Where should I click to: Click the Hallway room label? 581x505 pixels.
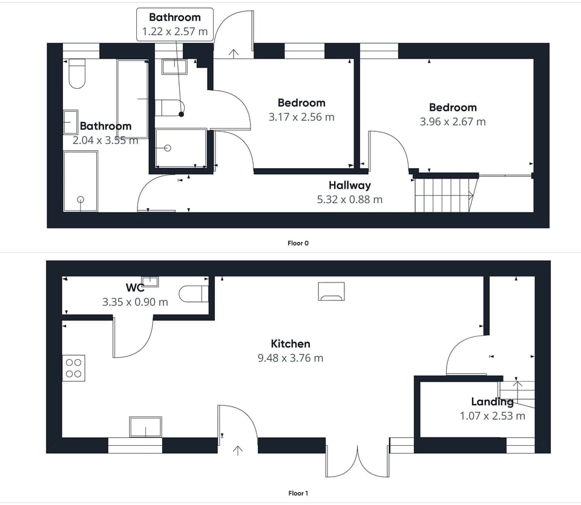[350, 186]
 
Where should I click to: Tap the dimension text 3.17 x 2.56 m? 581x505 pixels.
[301, 117]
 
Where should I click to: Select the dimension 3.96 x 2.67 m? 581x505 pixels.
[453, 122]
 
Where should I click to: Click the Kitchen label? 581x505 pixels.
[290, 344]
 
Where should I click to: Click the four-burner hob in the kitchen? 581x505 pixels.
[74, 368]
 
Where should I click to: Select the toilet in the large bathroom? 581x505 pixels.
[76, 74]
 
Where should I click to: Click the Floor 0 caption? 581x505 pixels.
[298, 243]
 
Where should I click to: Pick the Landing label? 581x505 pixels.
[492, 402]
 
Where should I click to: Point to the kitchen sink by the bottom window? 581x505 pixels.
[145, 426]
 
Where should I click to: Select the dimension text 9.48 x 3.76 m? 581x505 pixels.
[290, 358]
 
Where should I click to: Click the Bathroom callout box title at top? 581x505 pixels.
[174, 18]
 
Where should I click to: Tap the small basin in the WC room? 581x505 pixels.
[149, 281]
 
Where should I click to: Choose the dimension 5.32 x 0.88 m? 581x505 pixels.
[350, 200]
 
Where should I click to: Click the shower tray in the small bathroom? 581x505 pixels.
[180, 149]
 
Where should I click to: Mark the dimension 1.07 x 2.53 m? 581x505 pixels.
[492, 416]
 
